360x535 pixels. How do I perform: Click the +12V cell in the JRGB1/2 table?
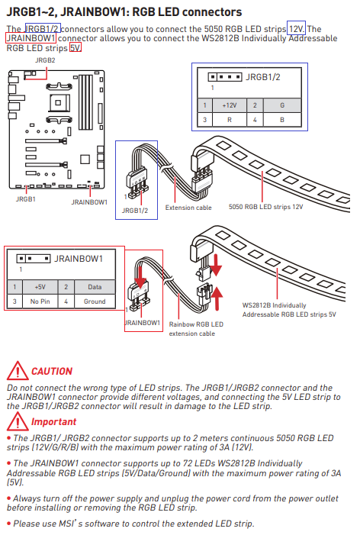(230, 105)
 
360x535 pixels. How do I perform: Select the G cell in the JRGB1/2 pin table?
(282, 105)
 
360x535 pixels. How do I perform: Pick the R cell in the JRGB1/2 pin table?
(230, 120)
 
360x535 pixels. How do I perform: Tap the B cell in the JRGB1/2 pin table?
(282, 120)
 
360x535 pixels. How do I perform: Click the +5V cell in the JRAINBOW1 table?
(40, 287)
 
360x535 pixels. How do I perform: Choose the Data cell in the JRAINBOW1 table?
(95, 287)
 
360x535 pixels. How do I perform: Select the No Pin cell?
(40, 301)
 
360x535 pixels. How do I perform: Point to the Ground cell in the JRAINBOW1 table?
(95, 301)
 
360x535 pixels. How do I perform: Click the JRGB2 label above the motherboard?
(45, 60)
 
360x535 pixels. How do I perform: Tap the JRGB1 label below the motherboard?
(26, 199)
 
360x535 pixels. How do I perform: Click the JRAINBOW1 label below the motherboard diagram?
(89, 202)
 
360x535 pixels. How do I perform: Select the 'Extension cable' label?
(188, 208)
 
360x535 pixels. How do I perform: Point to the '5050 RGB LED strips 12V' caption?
(265, 207)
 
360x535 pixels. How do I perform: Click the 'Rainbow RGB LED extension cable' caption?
(196, 329)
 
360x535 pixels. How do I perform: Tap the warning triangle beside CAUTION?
(18, 371)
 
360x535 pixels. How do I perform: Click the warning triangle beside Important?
(18, 421)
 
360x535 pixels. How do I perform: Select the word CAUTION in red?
(52, 371)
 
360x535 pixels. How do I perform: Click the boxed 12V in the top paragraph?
(296, 29)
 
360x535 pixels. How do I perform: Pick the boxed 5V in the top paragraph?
(76, 47)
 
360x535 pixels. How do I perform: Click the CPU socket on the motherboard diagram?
(58, 102)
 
